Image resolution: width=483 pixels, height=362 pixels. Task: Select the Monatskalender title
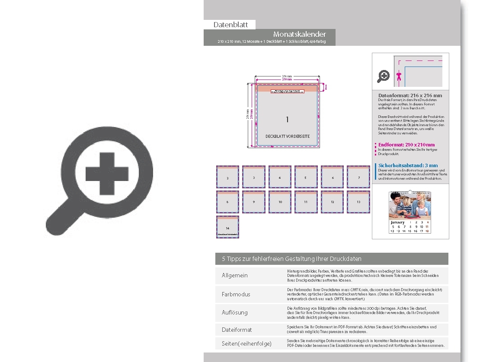click(299, 34)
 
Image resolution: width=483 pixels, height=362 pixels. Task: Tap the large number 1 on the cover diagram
click(287, 120)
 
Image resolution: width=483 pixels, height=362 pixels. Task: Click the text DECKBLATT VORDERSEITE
click(288, 137)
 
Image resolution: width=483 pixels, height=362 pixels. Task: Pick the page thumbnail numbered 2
click(227, 177)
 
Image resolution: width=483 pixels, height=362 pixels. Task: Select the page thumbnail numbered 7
click(358, 177)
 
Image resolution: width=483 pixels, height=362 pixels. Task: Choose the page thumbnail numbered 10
click(280, 201)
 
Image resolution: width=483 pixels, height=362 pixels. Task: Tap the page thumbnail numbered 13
click(358, 201)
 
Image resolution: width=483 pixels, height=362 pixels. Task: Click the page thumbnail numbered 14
click(227, 227)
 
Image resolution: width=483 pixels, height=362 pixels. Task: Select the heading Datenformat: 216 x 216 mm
click(410, 95)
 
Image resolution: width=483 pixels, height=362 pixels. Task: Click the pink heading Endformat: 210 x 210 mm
click(406, 145)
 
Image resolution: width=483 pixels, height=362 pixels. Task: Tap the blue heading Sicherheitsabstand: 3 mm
click(408, 165)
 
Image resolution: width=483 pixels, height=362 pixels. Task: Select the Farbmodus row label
click(236, 294)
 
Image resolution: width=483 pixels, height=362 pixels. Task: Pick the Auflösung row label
click(235, 312)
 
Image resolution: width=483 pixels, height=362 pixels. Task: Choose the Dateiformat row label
click(237, 330)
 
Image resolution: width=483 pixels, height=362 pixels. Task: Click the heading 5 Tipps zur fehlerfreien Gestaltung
click(291, 259)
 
